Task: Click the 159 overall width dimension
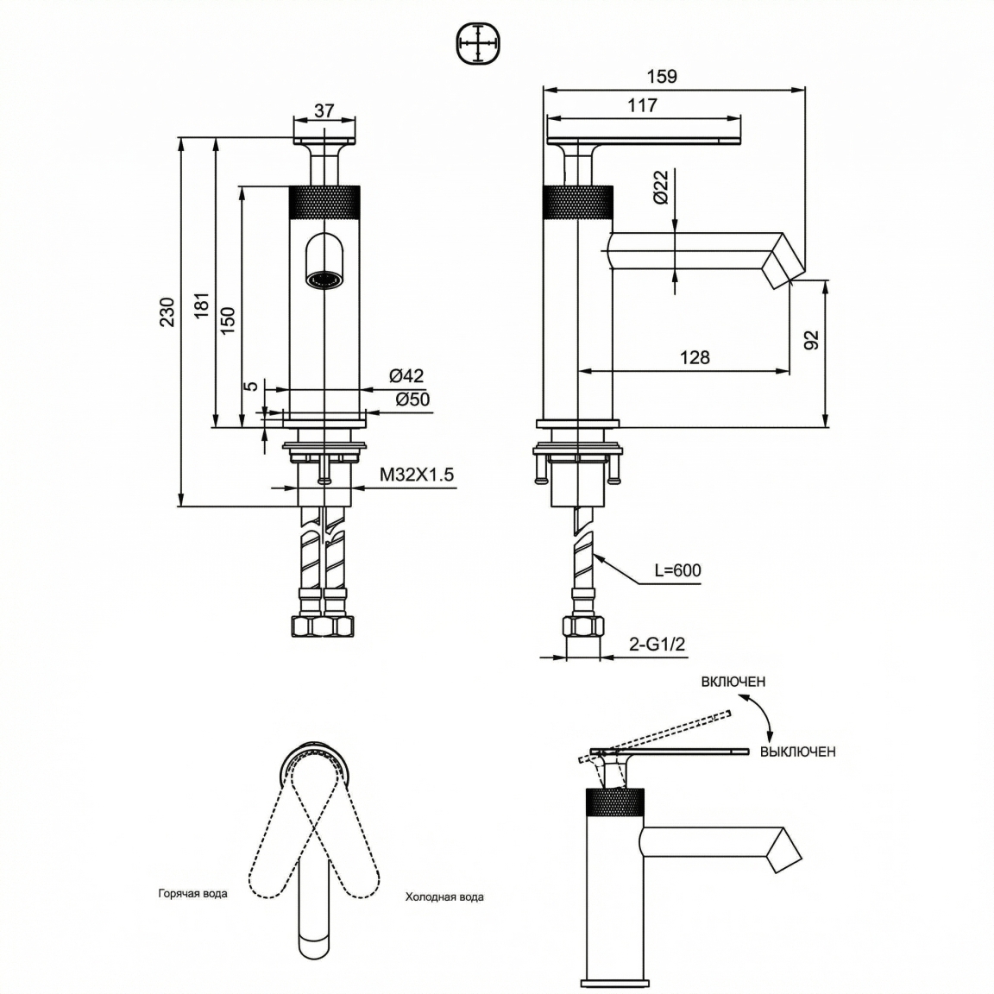coord(662,76)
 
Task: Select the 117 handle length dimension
coord(642,105)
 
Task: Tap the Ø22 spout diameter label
coord(660,187)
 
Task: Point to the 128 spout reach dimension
coord(695,357)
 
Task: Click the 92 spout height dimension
coord(811,340)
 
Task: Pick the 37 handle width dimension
coord(324,110)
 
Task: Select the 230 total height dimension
coord(167,311)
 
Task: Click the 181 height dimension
coord(202,305)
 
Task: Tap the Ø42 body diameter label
coord(406,376)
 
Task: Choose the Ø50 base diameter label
coord(412,399)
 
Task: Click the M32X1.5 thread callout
coord(417,475)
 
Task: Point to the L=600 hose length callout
coord(677,570)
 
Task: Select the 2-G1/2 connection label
coord(657,644)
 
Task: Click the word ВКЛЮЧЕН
coord(733,683)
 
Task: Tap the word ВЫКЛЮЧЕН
coord(797,752)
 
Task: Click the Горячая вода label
coord(192,894)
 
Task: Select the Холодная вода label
coord(444,897)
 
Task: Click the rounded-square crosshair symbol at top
coord(478,43)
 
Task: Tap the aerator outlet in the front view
coord(324,279)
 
